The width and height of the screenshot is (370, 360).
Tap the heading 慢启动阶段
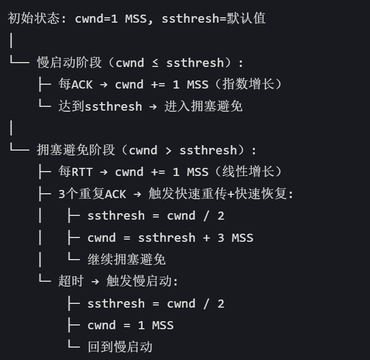pyautogui.click(x=69, y=63)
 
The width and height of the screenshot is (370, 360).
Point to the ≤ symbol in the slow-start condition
pyautogui.click(x=155, y=63)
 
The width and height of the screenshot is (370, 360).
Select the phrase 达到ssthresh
pyautogui.click(x=100, y=106)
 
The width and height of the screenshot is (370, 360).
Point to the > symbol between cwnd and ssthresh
pyautogui.click(x=168, y=150)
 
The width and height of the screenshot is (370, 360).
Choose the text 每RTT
pyautogui.click(x=76, y=172)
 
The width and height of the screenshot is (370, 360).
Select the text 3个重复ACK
pyautogui.click(x=92, y=194)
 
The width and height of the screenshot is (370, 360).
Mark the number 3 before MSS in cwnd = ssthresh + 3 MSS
pyautogui.click(x=220, y=237)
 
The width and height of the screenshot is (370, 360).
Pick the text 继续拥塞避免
pyautogui.click(x=126, y=259)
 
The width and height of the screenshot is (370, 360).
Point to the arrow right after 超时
pyautogui.click(x=95, y=281)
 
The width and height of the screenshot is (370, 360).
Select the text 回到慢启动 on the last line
pyautogui.click(x=119, y=347)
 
